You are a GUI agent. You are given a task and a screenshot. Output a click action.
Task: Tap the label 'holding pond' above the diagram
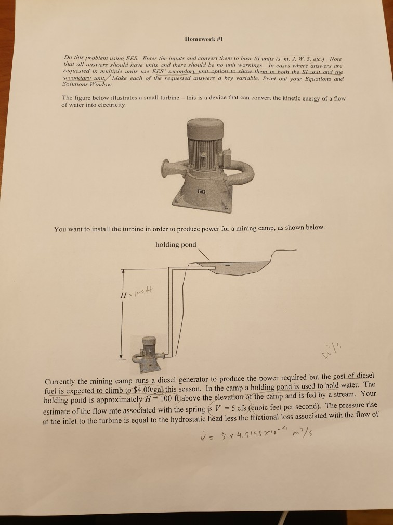[x=176, y=245]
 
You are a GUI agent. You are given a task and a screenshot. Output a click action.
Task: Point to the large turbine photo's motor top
[x=199, y=126]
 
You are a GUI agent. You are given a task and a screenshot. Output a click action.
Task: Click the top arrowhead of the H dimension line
[x=123, y=271]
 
